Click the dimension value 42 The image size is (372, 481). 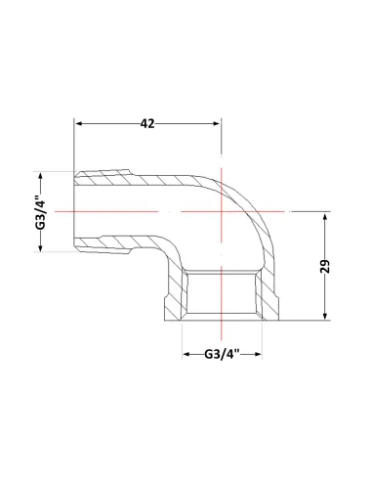147,123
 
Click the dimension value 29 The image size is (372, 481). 325,266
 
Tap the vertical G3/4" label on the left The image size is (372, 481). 41,212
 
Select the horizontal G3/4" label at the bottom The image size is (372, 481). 223,354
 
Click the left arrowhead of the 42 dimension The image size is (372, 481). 78,123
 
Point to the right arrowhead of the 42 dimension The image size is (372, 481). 217,123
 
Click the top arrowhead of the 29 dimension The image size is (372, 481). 325,216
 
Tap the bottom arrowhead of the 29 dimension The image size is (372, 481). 325,316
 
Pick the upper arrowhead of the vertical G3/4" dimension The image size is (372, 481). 41,176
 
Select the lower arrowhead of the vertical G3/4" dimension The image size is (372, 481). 41,247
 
